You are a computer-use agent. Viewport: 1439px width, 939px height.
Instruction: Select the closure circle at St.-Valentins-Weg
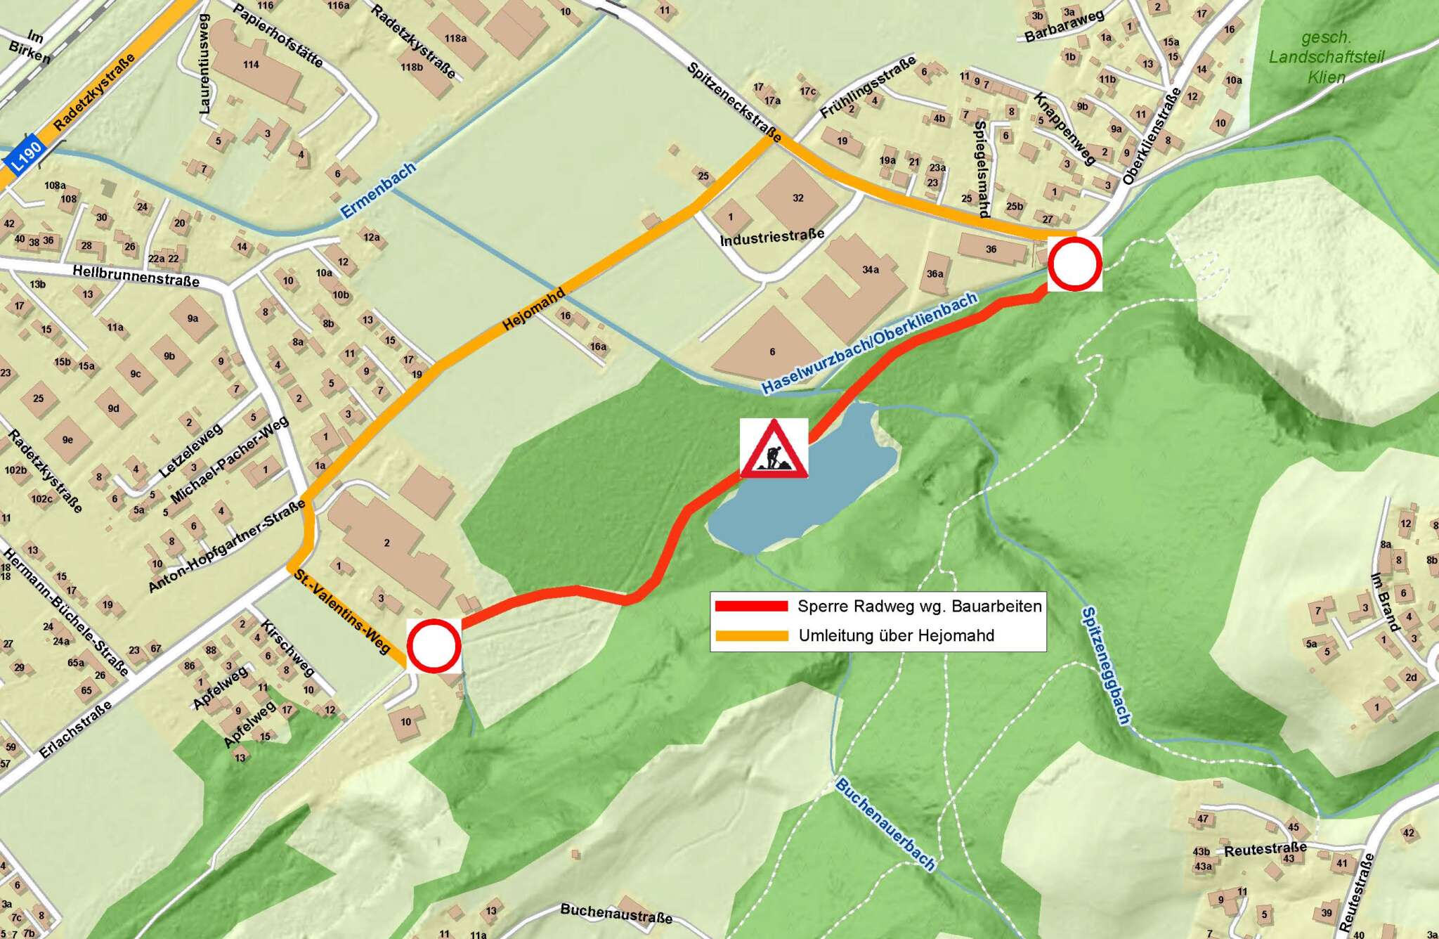[x=434, y=646]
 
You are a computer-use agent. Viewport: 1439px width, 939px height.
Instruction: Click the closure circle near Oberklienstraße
[x=1074, y=264]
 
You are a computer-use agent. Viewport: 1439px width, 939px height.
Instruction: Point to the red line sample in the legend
[x=751, y=606]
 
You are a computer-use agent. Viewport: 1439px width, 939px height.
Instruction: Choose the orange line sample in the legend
[x=751, y=636]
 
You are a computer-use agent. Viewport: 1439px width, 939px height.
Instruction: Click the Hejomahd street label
[x=534, y=310]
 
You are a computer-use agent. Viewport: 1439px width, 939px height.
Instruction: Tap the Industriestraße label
[x=771, y=238]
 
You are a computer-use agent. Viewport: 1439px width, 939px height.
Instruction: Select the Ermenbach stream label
[x=378, y=190]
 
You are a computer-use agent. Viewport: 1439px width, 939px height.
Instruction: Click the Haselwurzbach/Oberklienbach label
[x=870, y=343]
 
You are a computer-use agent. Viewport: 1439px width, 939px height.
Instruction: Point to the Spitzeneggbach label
[x=1106, y=665]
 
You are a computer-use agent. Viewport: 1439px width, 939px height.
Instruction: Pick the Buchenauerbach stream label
[x=885, y=824]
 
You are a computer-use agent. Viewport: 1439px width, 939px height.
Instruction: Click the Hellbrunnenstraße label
[x=136, y=276]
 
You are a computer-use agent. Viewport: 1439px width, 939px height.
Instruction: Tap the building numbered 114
[x=251, y=65]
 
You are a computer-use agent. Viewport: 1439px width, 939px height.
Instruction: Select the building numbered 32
[x=797, y=197]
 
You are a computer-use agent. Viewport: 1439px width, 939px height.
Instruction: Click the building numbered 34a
[x=870, y=270]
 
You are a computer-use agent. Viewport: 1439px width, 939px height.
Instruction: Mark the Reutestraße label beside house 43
[x=1265, y=849]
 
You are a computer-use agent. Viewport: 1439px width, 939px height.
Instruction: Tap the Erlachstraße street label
[x=75, y=729]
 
